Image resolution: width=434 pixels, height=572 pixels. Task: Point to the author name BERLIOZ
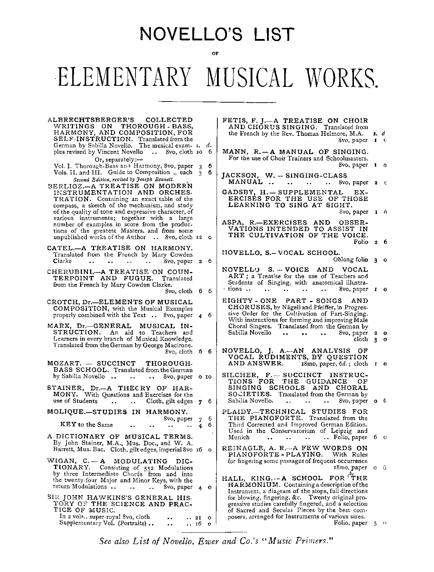click(63, 186)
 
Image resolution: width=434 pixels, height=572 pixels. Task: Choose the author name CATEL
click(59, 248)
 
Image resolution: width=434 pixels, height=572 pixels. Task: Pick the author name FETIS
click(234, 120)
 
